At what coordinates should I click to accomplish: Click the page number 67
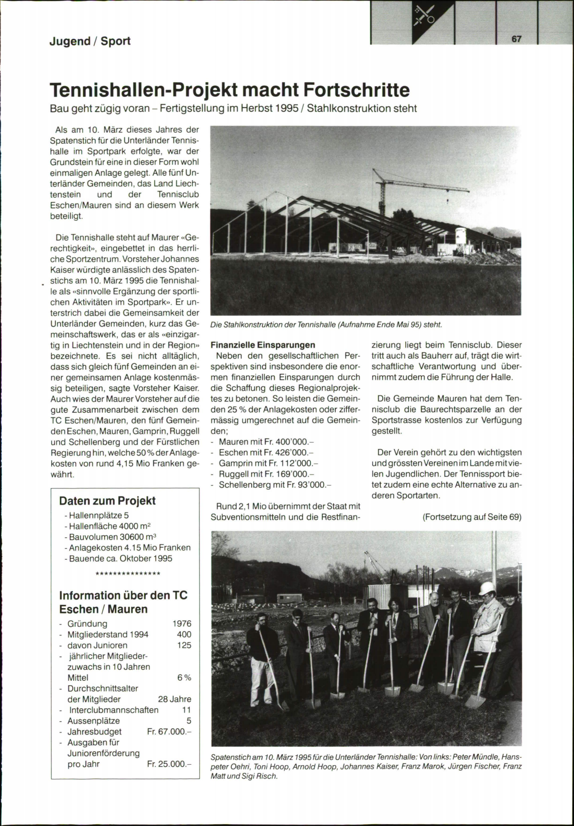point(516,39)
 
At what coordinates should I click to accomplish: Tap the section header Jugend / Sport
point(89,41)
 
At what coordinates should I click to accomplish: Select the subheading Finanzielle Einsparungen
point(263,345)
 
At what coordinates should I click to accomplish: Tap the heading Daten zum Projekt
point(107,501)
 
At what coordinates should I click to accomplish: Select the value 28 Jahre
point(174,699)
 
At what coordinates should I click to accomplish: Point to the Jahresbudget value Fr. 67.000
point(169,732)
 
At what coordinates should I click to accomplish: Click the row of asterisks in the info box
point(128,574)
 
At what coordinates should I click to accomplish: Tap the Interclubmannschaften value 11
point(187,710)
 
